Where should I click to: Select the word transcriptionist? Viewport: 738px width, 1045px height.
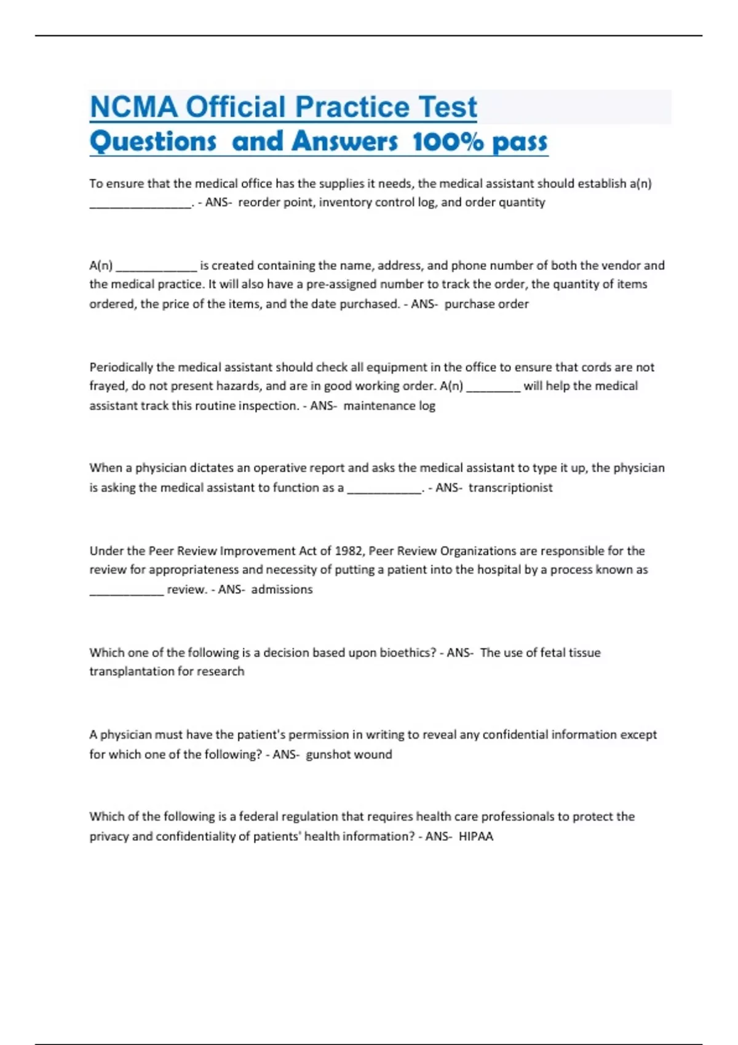pyautogui.click(x=510, y=487)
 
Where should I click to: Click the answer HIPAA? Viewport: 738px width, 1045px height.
pyautogui.click(x=476, y=836)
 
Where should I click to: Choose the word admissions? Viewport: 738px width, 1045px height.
pyautogui.click(x=282, y=589)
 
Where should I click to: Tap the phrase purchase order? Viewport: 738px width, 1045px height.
pyautogui.click(x=486, y=304)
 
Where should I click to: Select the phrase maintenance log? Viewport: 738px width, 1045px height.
pyautogui.click(x=389, y=406)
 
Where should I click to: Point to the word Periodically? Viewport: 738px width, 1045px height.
pyautogui.click(x=121, y=367)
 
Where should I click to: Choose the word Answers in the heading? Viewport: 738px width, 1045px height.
pyautogui.click(x=344, y=142)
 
